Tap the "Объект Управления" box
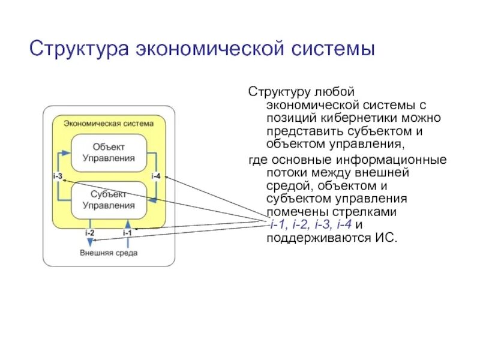pos(109,152)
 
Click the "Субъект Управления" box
pos(109,200)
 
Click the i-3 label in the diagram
pos(58,176)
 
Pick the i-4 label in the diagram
pos(156,176)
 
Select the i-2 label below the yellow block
pos(89,232)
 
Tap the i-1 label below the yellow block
pos(127,232)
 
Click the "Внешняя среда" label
pos(109,253)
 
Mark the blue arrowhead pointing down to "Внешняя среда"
pos(90,242)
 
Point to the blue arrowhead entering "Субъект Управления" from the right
pos(151,200)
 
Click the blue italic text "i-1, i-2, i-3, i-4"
pos(310,225)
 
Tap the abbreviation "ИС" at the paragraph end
pos(388,238)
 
